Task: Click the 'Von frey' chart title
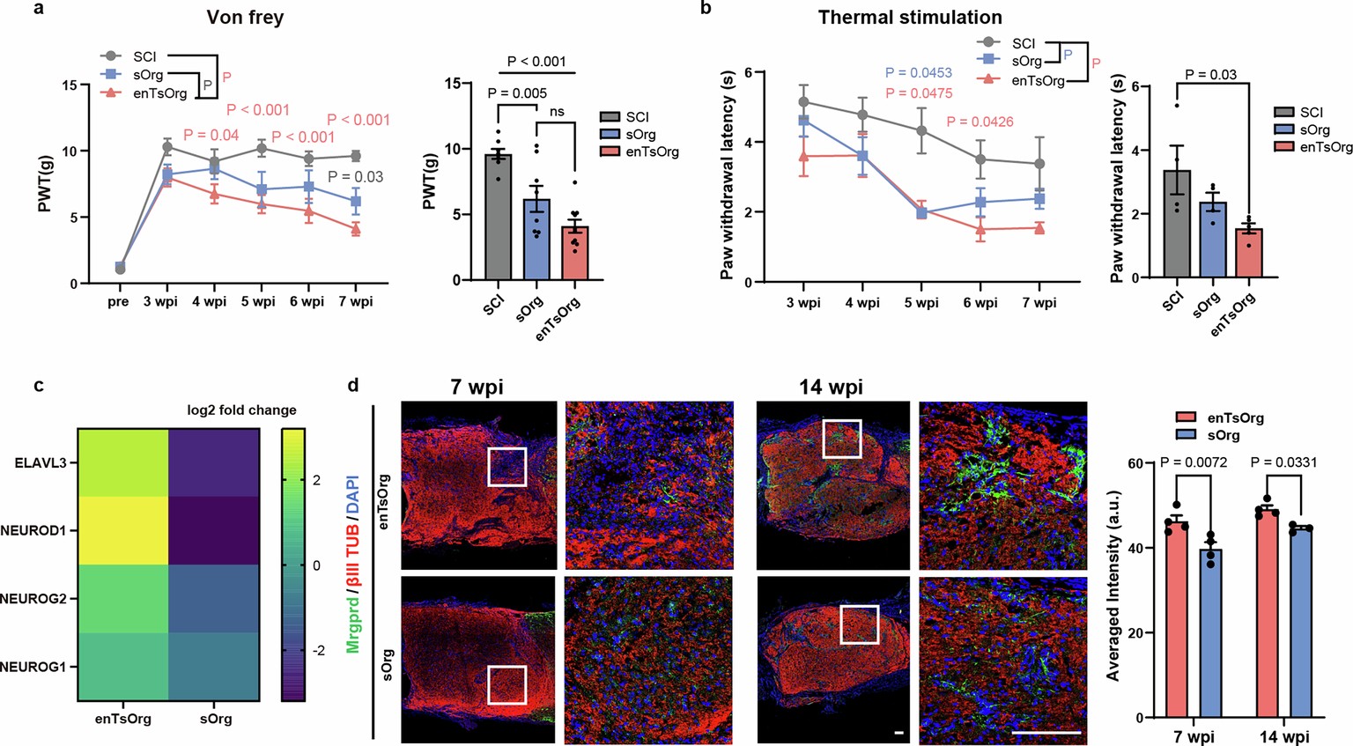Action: click(245, 18)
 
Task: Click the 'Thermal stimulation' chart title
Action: click(910, 18)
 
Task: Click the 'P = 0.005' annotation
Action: click(517, 93)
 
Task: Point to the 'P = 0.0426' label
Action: click(980, 122)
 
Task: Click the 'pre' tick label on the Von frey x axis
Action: click(118, 302)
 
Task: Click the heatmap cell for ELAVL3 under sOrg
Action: click(213, 462)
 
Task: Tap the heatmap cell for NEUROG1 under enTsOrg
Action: click(122, 667)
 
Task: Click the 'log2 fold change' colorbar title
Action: click(241, 410)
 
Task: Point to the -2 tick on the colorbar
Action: click(317, 650)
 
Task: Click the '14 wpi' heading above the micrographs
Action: click(831, 387)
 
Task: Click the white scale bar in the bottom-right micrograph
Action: click(1046, 732)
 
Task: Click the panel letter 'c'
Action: click(39, 385)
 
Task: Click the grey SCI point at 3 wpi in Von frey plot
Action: click(167, 146)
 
